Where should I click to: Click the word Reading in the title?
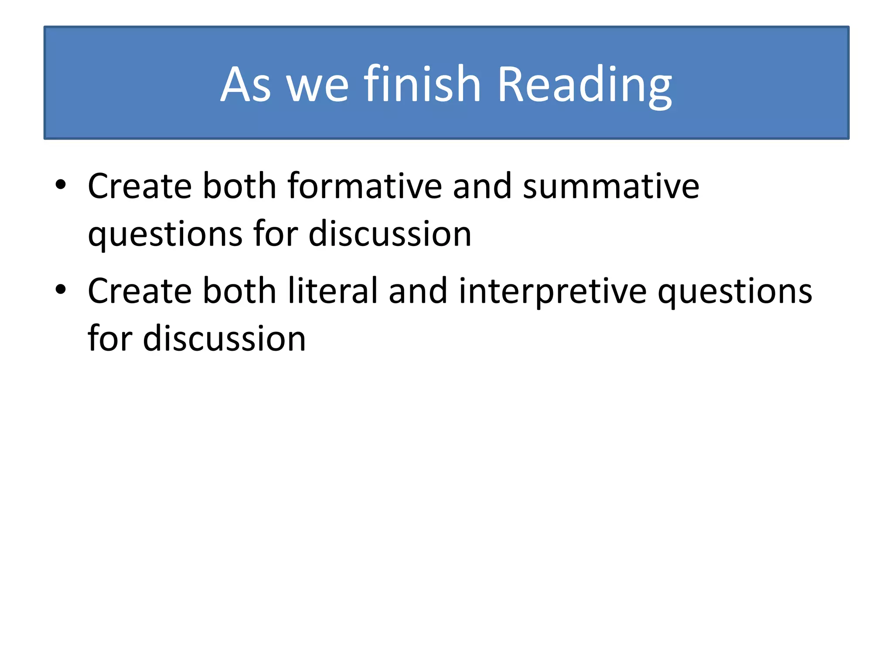584,85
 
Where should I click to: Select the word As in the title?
245,85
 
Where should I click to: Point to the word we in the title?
317,87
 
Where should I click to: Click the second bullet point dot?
61,290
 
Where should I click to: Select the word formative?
365,186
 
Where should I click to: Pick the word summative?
611,187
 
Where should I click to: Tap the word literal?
333,291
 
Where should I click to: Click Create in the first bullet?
140,186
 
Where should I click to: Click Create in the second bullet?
140,291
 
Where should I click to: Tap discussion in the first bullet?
390,234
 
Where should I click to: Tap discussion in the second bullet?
224,339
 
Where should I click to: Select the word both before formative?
239,186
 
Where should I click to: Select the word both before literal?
239,291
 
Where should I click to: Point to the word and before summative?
482,186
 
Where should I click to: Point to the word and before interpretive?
418,291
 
